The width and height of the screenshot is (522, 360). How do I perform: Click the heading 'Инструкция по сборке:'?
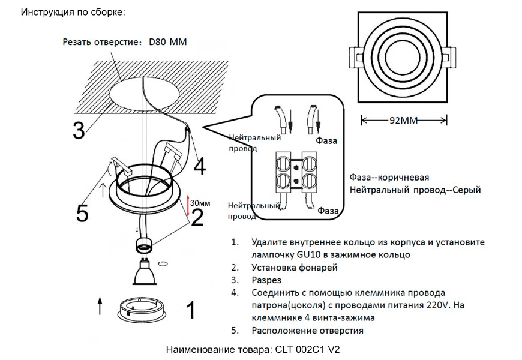pyautogui.click(x=73, y=12)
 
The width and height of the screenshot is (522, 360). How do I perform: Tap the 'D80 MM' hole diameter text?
pyautogui.click(x=169, y=43)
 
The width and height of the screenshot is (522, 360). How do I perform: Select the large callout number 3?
pyautogui.click(x=78, y=131)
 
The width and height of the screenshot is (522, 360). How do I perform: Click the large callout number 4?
pyautogui.click(x=200, y=166)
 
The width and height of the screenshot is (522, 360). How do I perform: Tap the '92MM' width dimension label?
pyautogui.click(x=403, y=120)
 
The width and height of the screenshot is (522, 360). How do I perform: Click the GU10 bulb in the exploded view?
pyautogui.click(x=142, y=272)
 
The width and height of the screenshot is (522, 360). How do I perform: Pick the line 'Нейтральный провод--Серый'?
pyautogui.click(x=415, y=190)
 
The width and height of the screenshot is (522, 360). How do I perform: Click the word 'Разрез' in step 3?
pyautogui.click(x=266, y=280)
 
